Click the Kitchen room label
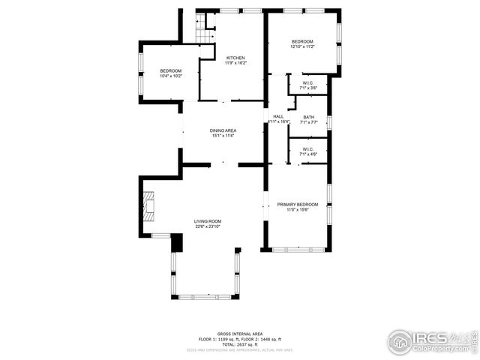point(236,58)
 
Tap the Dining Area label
point(223,130)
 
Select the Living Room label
point(208,220)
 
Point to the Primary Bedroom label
point(298,205)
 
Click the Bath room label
point(308,117)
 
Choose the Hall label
point(278,116)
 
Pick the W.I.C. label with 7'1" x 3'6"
point(308,83)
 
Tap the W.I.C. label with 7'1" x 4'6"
point(308,148)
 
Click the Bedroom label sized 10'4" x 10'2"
point(170,70)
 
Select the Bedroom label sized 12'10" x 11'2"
point(302,41)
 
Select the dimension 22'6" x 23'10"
point(208,226)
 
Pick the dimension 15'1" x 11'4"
point(223,136)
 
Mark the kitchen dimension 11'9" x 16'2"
point(236,63)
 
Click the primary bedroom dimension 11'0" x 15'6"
point(298,210)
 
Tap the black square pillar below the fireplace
point(177,243)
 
